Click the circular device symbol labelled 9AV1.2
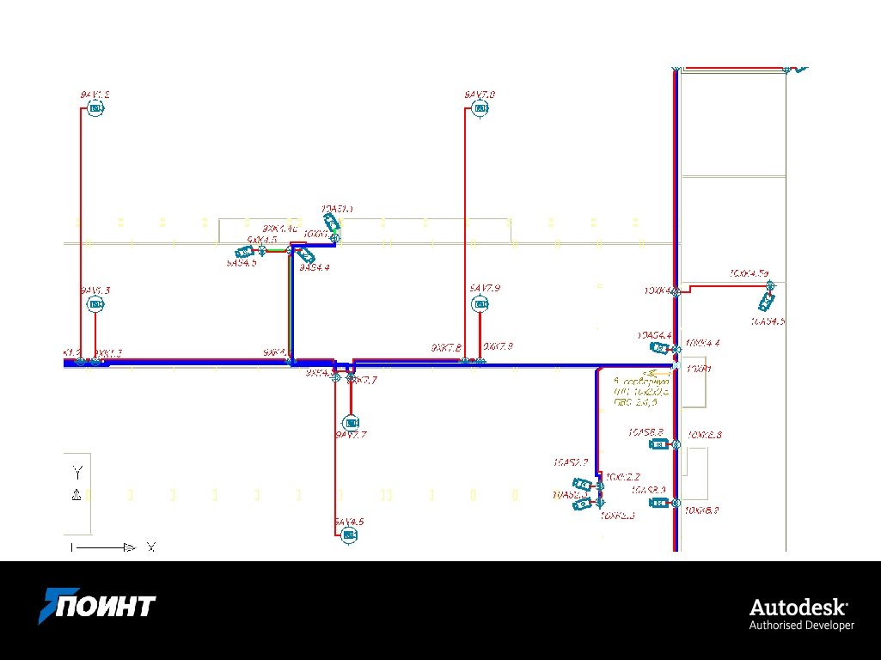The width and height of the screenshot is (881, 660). click(x=95, y=108)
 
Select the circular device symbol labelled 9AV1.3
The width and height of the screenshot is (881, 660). click(x=96, y=305)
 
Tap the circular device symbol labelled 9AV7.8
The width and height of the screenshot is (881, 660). click(x=481, y=108)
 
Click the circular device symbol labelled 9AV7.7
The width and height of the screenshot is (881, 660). click(x=350, y=423)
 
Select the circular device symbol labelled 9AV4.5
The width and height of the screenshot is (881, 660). click(x=349, y=535)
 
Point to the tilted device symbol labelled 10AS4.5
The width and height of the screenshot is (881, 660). click(x=767, y=302)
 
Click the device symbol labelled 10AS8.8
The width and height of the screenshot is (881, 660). click(x=658, y=444)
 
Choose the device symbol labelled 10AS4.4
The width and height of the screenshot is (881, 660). click(x=658, y=348)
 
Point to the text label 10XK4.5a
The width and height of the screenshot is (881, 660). click(x=748, y=273)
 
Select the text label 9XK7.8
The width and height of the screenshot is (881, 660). click(x=446, y=347)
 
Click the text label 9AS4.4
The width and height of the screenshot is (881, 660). click(x=315, y=268)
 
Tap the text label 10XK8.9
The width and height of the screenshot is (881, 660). click(x=702, y=510)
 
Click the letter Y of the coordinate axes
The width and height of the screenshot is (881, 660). click(x=77, y=472)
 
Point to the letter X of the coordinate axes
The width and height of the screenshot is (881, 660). click(x=151, y=547)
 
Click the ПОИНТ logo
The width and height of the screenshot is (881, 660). click(x=96, y=605)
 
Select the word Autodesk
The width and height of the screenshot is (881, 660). click(x=798, y=607)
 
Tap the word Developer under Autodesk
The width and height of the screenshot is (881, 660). click(x=829, y=626)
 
